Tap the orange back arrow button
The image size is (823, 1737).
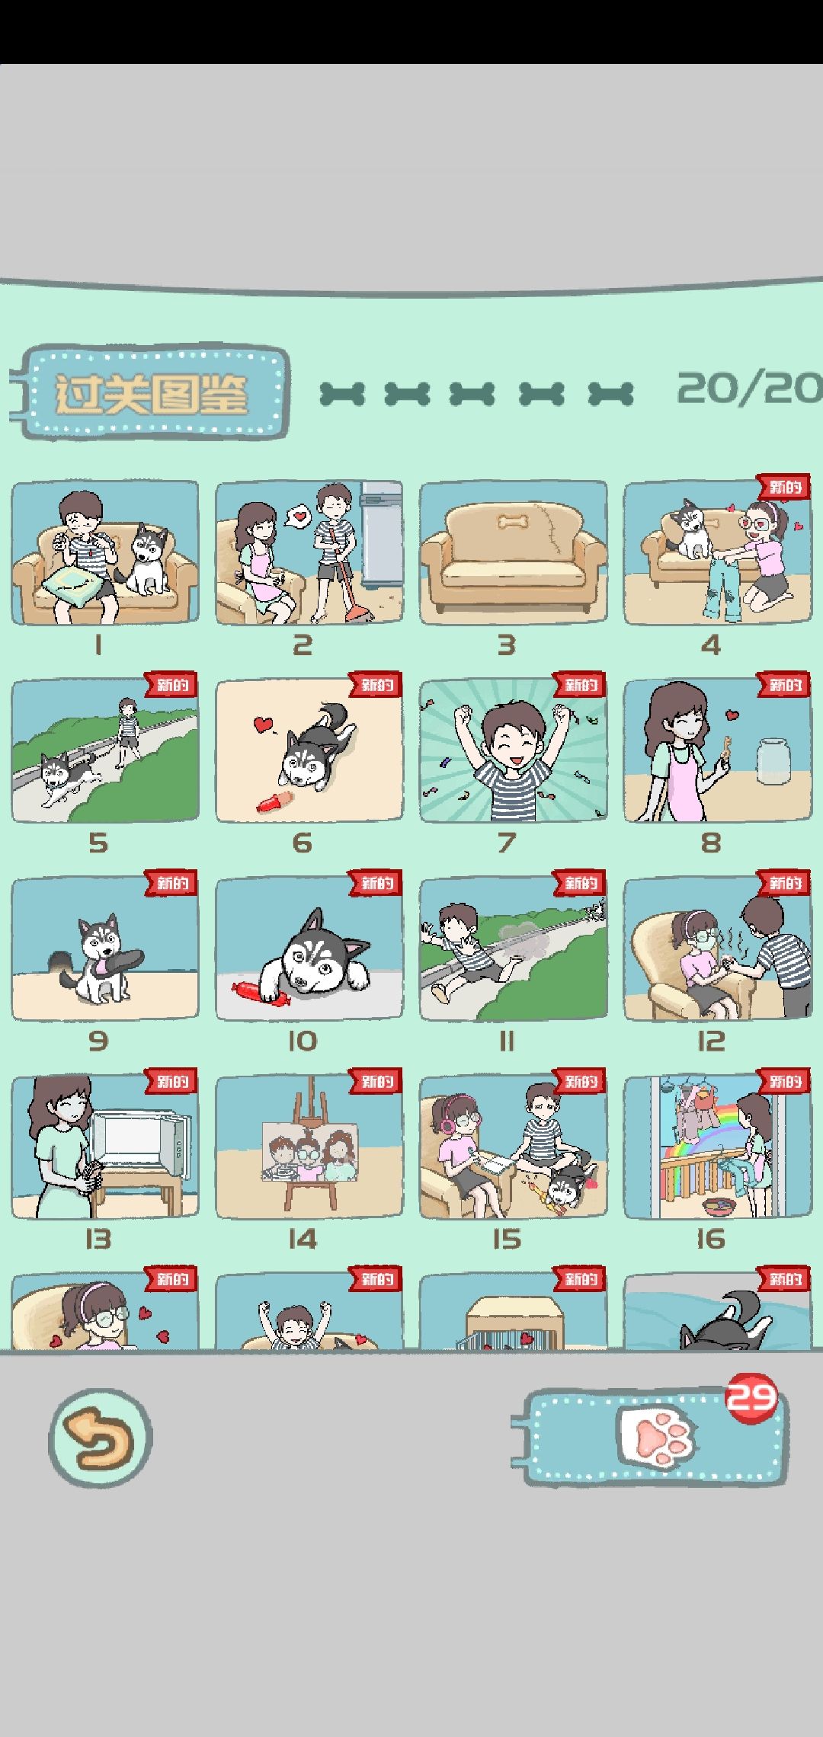[101, 1438]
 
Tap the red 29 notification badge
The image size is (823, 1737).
[751, 1397]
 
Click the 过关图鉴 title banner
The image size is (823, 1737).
[150, 393]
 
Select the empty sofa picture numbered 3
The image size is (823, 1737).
[514, 553]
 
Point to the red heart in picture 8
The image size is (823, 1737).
[732, 715]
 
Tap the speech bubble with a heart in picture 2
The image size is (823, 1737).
[299, 517]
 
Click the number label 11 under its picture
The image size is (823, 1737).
[507, 1041]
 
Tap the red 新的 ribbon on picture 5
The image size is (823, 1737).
[172, 685]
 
